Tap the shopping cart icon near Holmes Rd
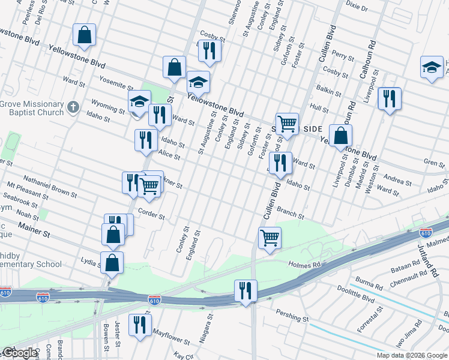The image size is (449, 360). pos(270,238)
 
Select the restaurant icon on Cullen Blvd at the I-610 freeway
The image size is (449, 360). pos(246,291)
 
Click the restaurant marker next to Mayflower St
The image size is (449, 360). pos(140,325)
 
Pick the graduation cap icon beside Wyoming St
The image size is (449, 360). pos(139,101)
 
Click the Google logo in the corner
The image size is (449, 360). pos(19,353)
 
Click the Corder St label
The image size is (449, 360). pos(151,213)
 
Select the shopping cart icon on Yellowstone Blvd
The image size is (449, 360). pos(287,124)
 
